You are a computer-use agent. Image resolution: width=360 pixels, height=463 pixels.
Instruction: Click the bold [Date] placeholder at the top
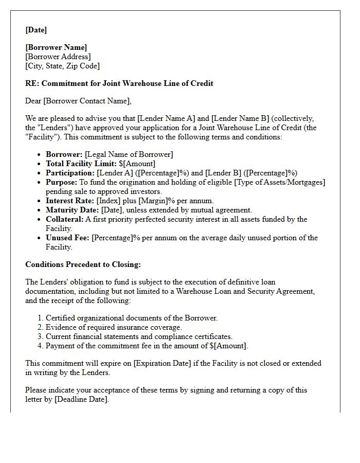click(x=36, y=30)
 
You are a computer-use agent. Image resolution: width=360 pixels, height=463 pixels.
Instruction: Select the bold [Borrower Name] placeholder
click(x=56, y=47)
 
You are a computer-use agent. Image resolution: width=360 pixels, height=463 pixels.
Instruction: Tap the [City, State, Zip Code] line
click(x=62, y=66)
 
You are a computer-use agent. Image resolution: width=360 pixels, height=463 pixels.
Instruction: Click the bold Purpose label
click(x=61, y=182)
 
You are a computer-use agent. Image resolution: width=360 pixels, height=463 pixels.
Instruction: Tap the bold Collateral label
click(x=64, y=219)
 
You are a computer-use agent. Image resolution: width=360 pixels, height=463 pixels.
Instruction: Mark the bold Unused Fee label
click(x=67, y=238)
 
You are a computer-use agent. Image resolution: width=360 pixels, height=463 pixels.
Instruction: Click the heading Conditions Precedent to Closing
click(x=83, y=264)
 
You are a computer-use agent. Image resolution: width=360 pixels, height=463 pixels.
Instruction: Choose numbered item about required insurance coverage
click(x=114, y=327)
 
